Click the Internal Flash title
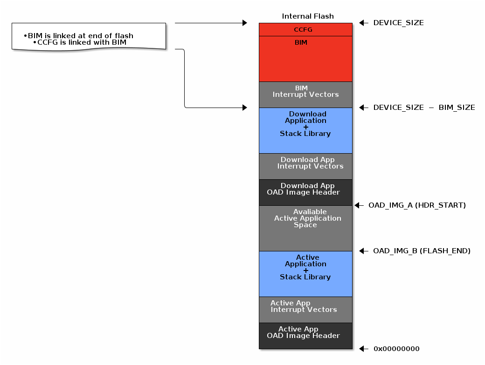click(308, 16)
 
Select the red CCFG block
click(305, 30)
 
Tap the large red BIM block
click(305, 59)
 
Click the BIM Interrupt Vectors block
click(305, 95)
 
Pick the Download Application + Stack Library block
click(305, 130)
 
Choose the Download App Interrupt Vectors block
click(305, 166)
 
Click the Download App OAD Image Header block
click(305, 192)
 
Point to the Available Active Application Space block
click(305, 228)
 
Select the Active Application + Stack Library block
click(305, 274)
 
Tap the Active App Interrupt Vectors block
click(305, 310)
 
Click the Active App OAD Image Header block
click(305, 336)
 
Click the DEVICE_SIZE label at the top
click(398, 23)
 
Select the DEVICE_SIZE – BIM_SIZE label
click(424, 108)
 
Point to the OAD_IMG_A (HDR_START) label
click(417, 205)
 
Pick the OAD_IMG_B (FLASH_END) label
click(422, 251)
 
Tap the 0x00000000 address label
click(396, 349)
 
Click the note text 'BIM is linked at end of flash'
click(80, 36)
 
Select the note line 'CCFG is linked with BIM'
click(82, 42)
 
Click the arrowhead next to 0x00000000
click(362, 349)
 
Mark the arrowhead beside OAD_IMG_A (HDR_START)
click(357, 205)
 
